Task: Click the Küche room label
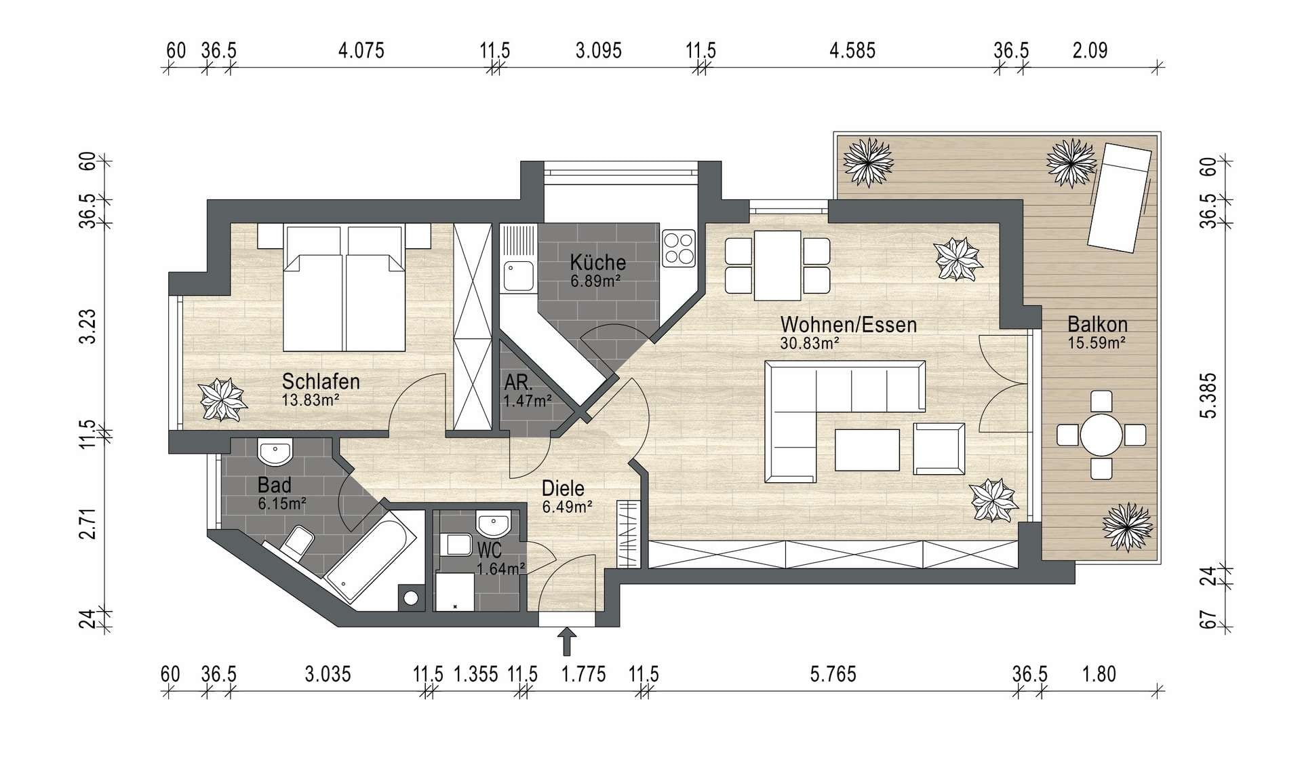(x=597, y=262)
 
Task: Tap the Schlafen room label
(x=321, y=381)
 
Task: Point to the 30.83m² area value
(x=810, y=343)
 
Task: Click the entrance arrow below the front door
(x=567, y=642)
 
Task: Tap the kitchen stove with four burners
(x=679, y=248)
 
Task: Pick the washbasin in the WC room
(x=492, y=524)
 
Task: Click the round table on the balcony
(x=1101, y=435)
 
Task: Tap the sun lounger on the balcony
(x=1120, y=197)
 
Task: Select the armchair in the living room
(x=939, y=448)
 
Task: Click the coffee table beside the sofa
(x=867, y=450)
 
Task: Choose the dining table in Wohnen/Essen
(x=778, y=265)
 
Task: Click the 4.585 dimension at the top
(x=852, y=51)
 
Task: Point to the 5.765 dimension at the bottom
(x=833, y=674)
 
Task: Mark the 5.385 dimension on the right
(x=1208, y=395)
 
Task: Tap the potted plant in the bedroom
(x=222, y=400)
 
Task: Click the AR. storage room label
(x=519, y=383)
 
